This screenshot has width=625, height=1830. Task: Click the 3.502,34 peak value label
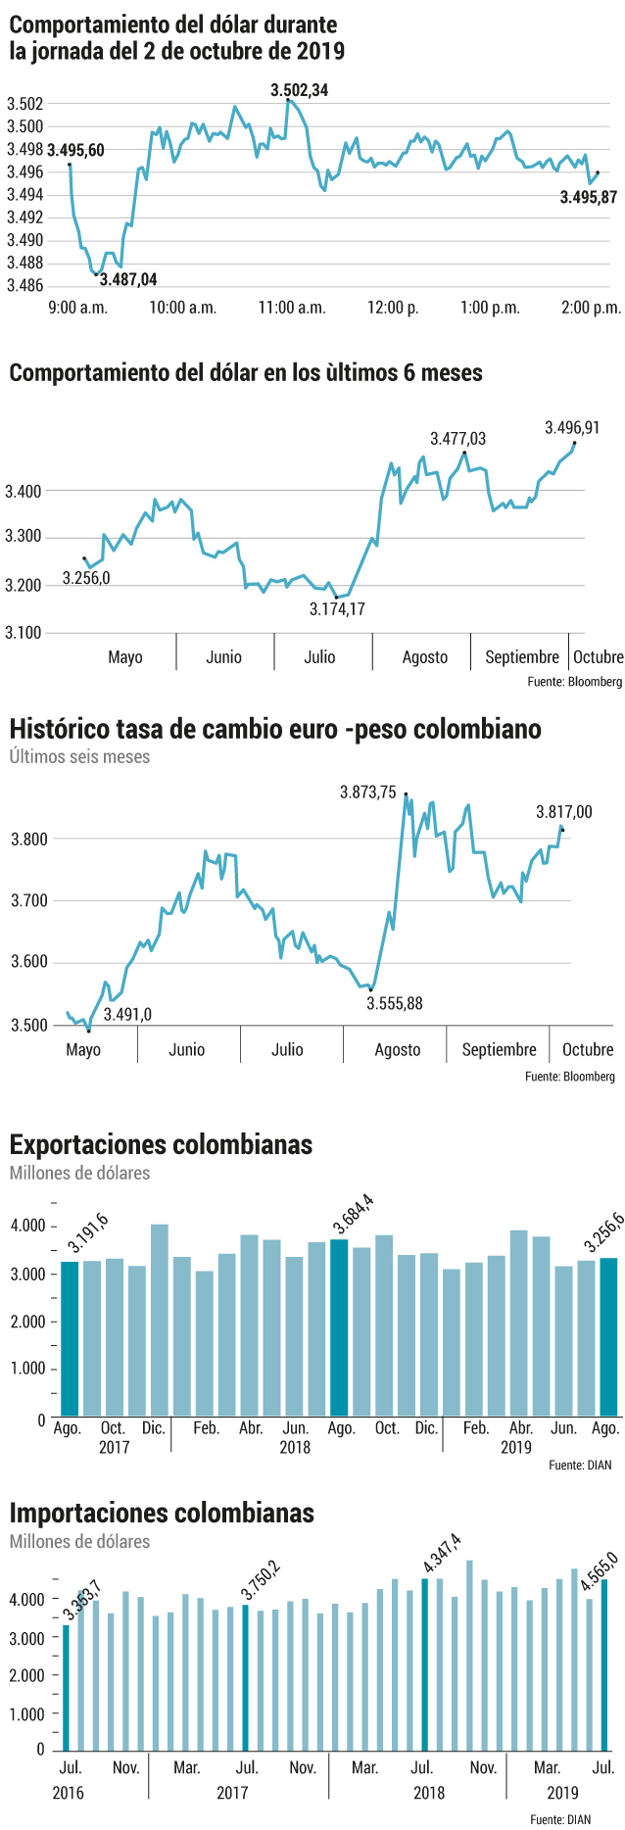300,90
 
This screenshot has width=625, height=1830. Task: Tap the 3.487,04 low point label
128,279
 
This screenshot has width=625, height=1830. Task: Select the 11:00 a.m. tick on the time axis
292,308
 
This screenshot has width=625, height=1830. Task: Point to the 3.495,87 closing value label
589,197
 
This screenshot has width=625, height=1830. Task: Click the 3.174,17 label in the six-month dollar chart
337,609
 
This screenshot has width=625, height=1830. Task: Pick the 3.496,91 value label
572,427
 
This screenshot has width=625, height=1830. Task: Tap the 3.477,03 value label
458,439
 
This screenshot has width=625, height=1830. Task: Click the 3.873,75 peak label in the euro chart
368,793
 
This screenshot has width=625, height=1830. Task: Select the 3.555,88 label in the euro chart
395,1003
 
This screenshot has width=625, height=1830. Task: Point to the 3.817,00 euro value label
564,811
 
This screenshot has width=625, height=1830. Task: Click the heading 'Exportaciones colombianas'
161,1144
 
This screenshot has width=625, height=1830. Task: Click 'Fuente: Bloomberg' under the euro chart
570,1076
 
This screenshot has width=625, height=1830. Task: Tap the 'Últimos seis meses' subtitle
80,756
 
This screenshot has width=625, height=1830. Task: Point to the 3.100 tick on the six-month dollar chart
23,633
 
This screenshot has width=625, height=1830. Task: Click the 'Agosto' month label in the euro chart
398,1049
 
